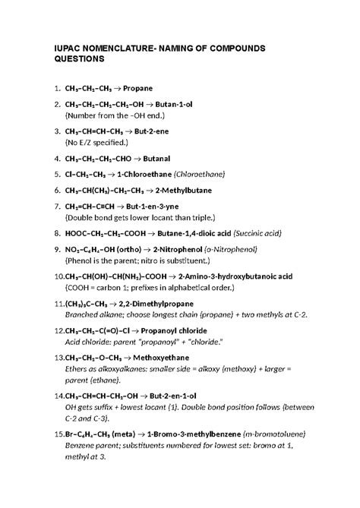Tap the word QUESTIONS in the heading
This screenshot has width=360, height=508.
(x=84, y=60)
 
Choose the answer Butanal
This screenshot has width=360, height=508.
(x=175, y=159)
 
